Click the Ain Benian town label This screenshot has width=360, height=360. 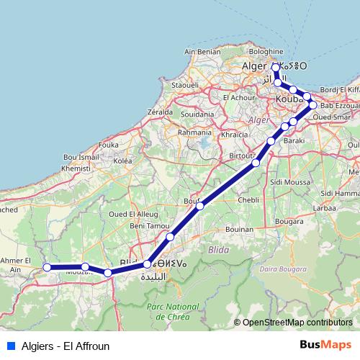point(203,52)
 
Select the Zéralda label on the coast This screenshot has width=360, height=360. point(159,112)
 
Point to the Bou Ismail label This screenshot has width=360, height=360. point(81,156)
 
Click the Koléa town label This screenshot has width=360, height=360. point(122,161)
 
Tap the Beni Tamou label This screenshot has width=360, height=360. point(147,227)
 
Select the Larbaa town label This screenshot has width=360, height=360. point(325,207)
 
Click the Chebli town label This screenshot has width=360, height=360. point(248,199)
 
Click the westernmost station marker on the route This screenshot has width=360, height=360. point(47,267)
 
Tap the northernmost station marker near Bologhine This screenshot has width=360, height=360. point(276,67)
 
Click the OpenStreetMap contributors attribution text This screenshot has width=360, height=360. point(296,323)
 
